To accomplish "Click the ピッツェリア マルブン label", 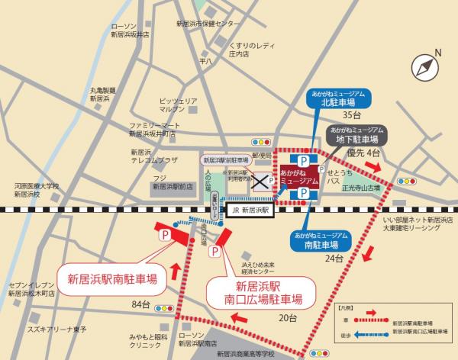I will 177,104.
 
